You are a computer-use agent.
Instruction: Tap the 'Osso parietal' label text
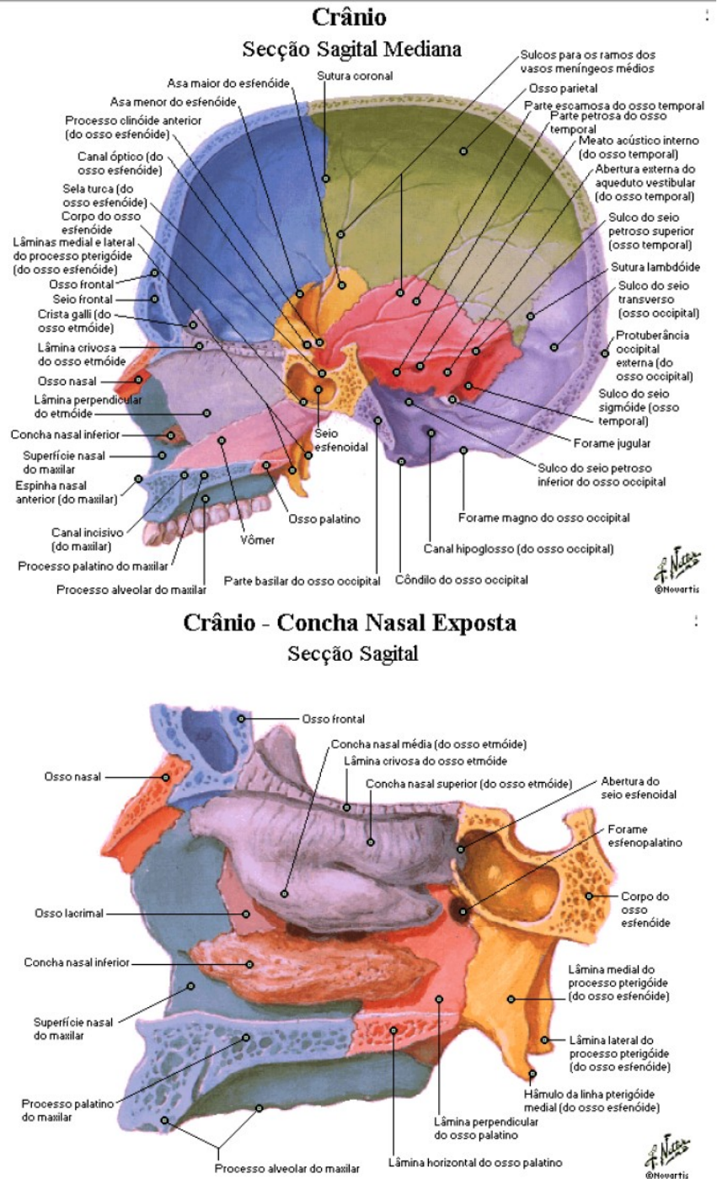click(x=564, y=88)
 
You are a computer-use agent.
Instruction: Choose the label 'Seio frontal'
click(x=83, y=299)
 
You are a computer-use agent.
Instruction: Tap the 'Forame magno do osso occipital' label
click(x=543, y=517)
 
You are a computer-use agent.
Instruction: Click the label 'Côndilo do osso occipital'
click(x=462, y=580)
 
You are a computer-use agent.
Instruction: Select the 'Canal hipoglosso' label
click(x=517, y=549)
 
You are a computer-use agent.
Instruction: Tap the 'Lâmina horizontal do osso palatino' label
click(x=475, y=1162)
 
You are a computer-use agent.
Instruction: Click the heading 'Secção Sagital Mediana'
click(x=351, y=49)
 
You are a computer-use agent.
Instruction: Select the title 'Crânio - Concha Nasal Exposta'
click(x=350, y=624)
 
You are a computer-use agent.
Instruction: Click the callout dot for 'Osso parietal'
click(x=463, y=152)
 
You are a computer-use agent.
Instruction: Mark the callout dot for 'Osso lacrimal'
click(x=247, y=913)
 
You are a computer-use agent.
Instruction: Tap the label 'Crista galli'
click(x=74, y=320)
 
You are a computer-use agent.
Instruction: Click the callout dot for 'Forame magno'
click(x=463, y=451)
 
